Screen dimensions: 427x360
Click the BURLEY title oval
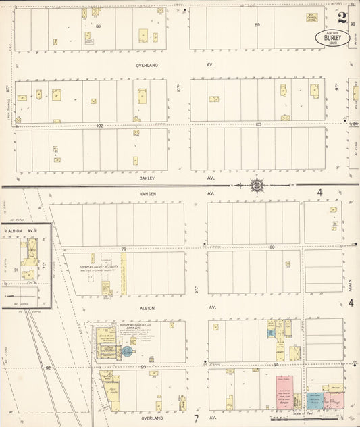(x=332, y=37)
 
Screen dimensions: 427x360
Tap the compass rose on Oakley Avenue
(x=257, y=184)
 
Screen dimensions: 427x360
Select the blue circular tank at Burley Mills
(x=126, y=351)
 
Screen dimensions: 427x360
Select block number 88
(x=99, y=26)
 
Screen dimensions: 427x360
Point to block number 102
(x=100, y=126)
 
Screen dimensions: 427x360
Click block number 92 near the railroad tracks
(x=48, y=368)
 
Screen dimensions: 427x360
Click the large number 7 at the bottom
(x=196, y=408)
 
